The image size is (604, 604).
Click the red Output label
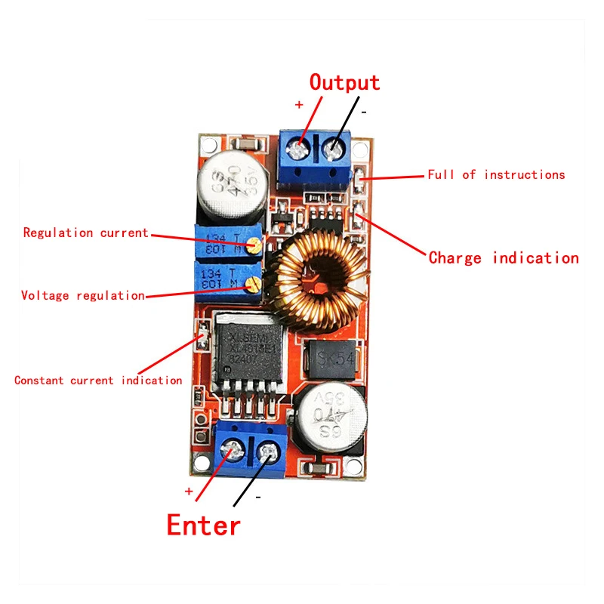point(344,82)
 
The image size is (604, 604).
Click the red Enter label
point(203,524)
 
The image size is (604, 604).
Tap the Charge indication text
point(503,258)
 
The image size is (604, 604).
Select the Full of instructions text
point(496,174)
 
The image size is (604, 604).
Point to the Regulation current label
point(86,233)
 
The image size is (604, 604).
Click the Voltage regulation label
point(83,295)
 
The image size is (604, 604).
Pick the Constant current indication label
point(98,381)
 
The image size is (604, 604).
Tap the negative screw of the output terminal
point(331,150)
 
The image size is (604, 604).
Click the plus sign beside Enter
point(190,491)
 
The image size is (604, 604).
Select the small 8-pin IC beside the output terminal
point(322,219)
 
